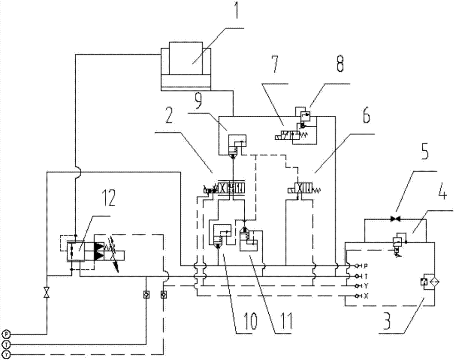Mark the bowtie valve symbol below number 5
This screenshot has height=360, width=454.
point(394,219)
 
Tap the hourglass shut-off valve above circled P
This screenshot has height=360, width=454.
point(46,293)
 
